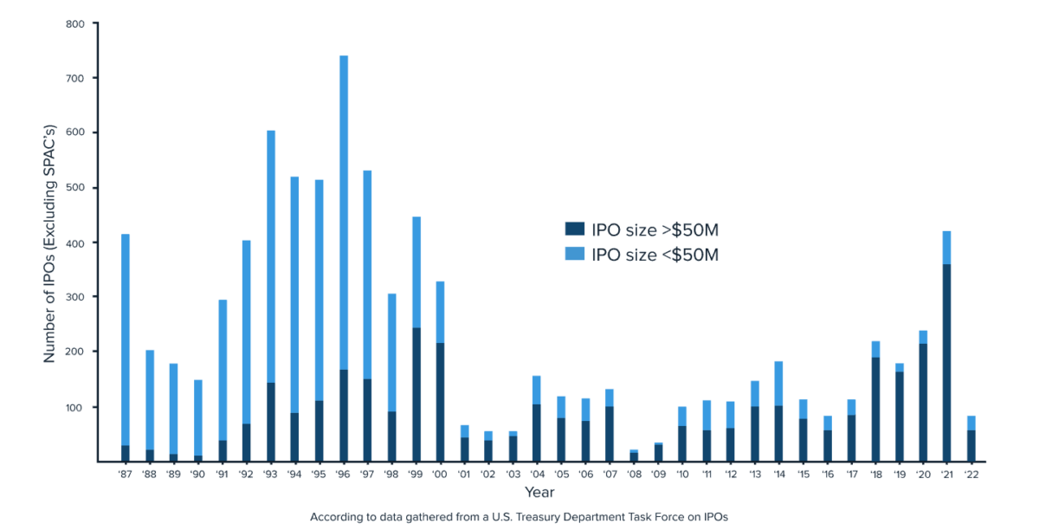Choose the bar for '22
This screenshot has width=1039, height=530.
[x=971, y=438]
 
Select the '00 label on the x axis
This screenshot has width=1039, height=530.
[x=440, y=474]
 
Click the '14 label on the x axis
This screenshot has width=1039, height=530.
[x=778, y=474]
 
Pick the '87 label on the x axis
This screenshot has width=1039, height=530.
[x=126, y=474]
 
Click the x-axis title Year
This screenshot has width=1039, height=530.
[x=539, y=492]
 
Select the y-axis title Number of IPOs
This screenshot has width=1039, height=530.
[x=49, y=242]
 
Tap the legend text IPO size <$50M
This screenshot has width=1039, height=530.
[x=655, y=255]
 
